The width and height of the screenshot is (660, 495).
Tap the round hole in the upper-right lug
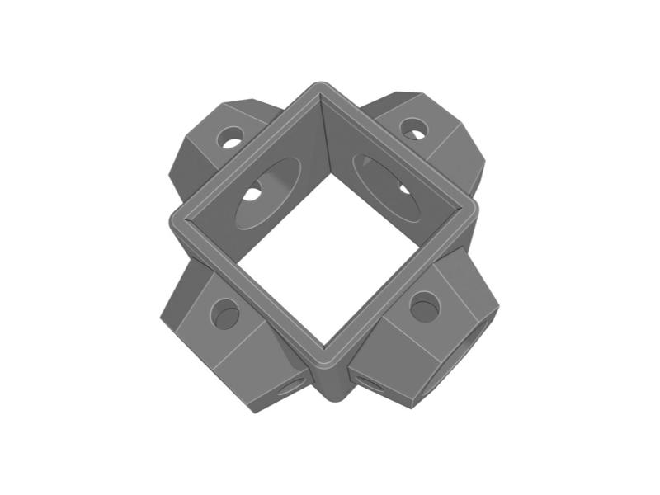pyautogui.click(x=414, y=129)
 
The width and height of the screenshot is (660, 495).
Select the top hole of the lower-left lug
pyautogui.click(x=224, y=314)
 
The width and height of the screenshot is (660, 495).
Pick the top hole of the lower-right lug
pyautogui.click(x=425, y=307)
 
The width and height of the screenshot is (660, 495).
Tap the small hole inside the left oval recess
pyautogui.click(x=252, y=195)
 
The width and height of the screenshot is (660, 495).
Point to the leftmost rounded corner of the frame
pyautogui.click(x=176, y=221)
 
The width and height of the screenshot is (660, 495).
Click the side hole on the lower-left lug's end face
pyautogui.click(x=290, y=386)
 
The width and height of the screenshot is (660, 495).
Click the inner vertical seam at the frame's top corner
pyautogui.click(x=323, y=132)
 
